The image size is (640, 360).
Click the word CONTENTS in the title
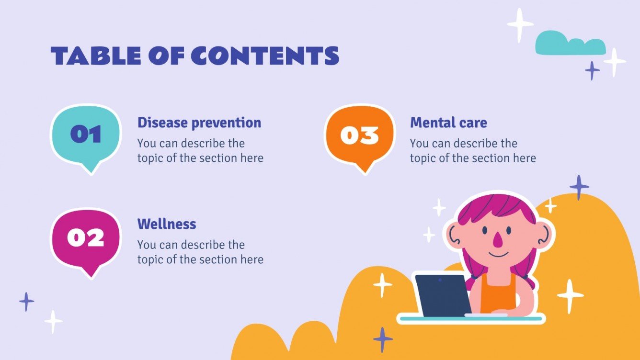(265, 56)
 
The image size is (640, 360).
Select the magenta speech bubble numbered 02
(86, 238)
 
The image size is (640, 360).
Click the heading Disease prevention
(199, 123)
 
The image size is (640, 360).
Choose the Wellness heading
(167, 224)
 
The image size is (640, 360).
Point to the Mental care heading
(448, 123)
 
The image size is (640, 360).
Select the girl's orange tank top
(499, 292)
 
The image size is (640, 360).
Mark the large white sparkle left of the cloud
(520, 24)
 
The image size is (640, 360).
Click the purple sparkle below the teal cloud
(593, 71)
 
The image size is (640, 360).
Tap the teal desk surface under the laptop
(472, 318)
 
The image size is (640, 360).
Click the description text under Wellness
(200, 252)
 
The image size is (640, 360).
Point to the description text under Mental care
(473, 151)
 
